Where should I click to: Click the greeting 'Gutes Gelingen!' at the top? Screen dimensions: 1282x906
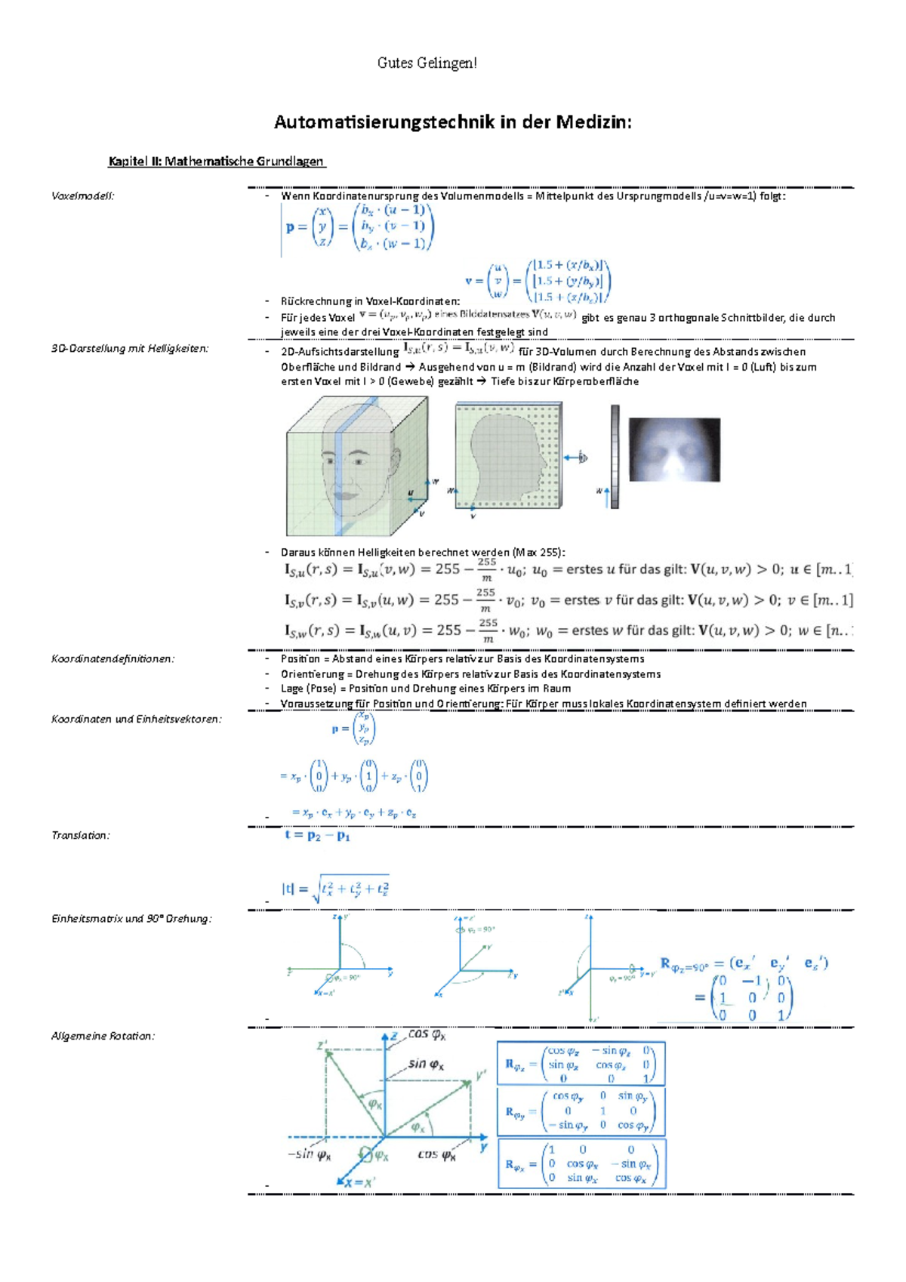click(427, 63)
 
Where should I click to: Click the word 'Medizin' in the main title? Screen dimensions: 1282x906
click(593, 122)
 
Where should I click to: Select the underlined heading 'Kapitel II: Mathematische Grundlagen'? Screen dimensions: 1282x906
click(217, 161)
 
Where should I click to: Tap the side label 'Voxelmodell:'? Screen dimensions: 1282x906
click(82, 196)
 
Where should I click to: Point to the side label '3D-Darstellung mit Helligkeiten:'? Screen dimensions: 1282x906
click(130, 348)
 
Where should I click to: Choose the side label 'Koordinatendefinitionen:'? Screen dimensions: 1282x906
click(112, 658)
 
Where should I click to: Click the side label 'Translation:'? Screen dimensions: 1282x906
click(80, 835)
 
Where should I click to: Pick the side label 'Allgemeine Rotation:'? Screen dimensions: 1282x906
click(103, 1036)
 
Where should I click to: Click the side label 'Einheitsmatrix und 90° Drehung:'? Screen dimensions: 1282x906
click(131, 918)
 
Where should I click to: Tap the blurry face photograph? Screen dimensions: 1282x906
click(674, 449)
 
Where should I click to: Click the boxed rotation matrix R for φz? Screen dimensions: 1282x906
click(581, 1064)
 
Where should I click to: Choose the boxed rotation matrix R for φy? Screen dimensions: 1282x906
click(581, 1111)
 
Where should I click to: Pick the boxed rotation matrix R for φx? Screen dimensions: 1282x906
click(581, 1163)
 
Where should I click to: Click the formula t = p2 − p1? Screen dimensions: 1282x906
click(317, 836)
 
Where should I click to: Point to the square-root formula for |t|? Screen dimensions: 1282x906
click(336, 889)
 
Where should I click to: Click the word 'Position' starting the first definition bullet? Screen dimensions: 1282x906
click(300, 658)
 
